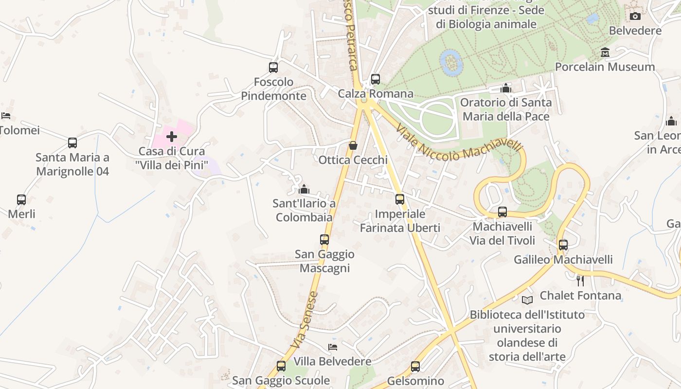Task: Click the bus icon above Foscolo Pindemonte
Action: point(273,68)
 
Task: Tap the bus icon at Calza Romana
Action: point(375,79)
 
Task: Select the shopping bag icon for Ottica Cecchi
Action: point(353,145)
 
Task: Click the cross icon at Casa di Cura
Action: point(172,137)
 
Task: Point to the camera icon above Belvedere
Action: point(635,17)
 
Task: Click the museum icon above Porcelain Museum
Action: point(605,52)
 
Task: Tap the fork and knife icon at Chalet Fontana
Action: point(580,281)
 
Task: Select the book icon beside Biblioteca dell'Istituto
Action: point(527,300)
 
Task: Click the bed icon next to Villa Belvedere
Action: point(333,347)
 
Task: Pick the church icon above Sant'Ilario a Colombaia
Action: point(304,189)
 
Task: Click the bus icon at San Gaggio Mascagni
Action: point(324,240)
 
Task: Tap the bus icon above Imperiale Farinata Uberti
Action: point(400,199)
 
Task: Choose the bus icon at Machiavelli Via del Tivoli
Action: point(502,212)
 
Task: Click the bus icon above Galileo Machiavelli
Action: point(563,245)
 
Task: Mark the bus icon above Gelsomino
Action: point(415,367)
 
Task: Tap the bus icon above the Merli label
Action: point(21,200)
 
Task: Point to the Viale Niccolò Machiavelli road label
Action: point(459,143)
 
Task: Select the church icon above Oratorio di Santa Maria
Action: point(506,88)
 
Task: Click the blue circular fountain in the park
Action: point(451,62)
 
